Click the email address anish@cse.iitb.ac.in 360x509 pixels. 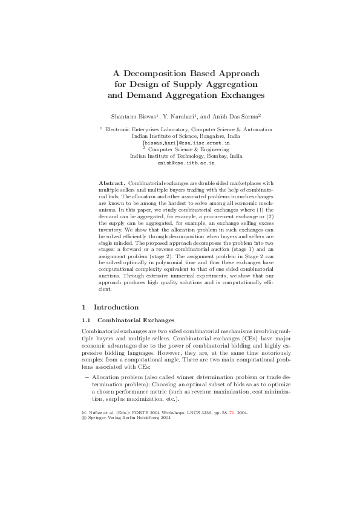tap(186, 163)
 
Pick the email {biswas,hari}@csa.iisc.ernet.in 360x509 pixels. tap(186, 143)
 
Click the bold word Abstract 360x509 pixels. tap(111, 183)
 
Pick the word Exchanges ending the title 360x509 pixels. tap(241, 95)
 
